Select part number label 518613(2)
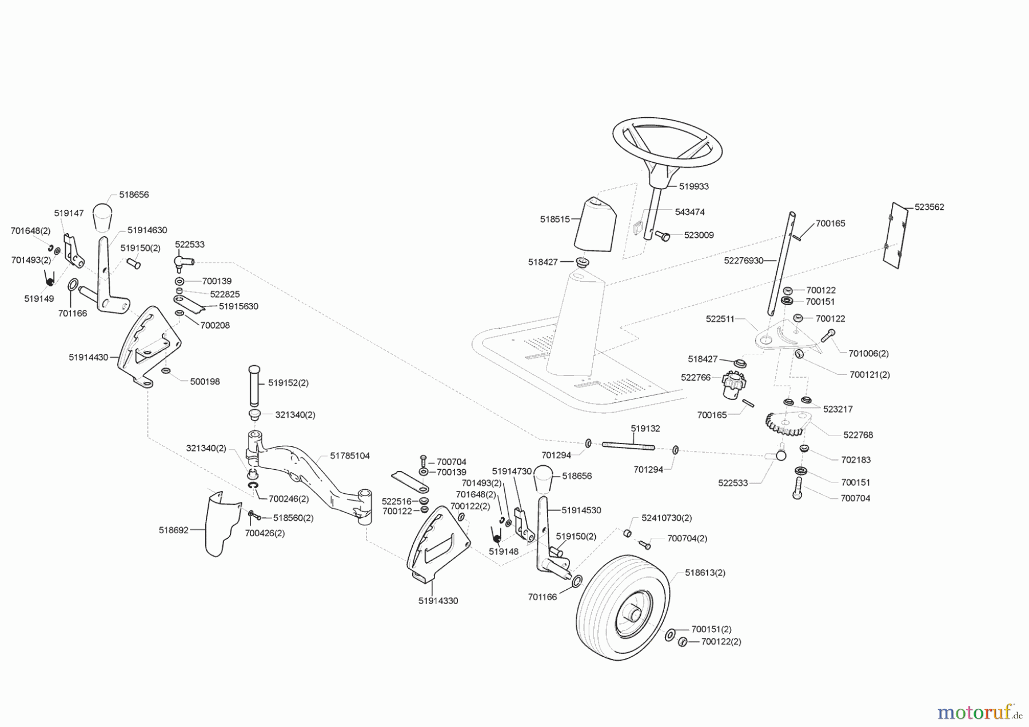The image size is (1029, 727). click(705, 573)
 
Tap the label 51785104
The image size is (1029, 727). click(350, 456)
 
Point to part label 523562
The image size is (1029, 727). click(929, 207)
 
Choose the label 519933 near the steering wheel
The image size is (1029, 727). click(693, 186)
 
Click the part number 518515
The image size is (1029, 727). click(555, 219)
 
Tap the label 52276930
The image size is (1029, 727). click(743, 261)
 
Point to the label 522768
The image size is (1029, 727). click(858, 435)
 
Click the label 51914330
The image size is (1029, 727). click(438, 601)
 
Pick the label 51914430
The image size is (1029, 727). click(88, 357)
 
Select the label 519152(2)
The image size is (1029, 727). click(288, 383)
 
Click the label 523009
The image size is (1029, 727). click(699, 235)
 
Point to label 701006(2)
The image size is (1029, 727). click(868, 354)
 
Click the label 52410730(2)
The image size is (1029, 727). click(666, 518)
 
